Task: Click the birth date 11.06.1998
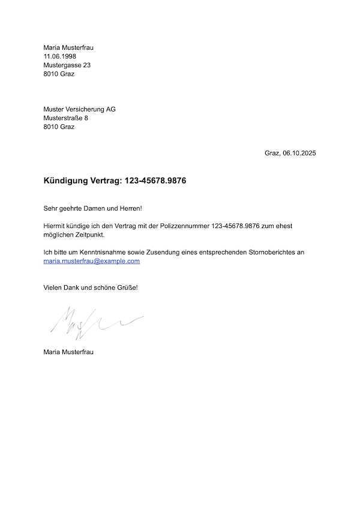59,56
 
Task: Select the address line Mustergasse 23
67,65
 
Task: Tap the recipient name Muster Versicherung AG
79,109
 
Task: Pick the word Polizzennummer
184,226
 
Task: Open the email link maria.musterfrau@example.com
92,261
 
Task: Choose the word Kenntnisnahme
102,253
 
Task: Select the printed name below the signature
68,352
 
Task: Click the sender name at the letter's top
68,47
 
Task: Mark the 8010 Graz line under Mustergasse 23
59,74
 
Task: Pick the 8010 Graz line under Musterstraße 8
59,127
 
